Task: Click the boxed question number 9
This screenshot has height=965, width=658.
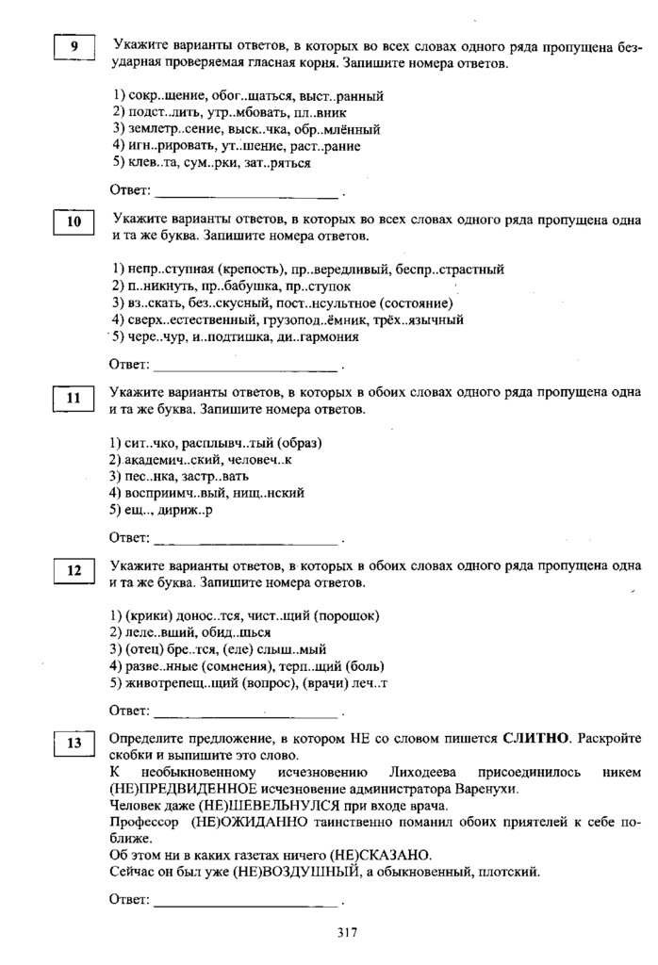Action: [x=74, y=47]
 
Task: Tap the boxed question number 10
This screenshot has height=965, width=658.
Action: [x=74, y=222]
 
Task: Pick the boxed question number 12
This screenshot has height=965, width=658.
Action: [x=74, y=571]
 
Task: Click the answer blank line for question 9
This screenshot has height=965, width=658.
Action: [x=245, y=197]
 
